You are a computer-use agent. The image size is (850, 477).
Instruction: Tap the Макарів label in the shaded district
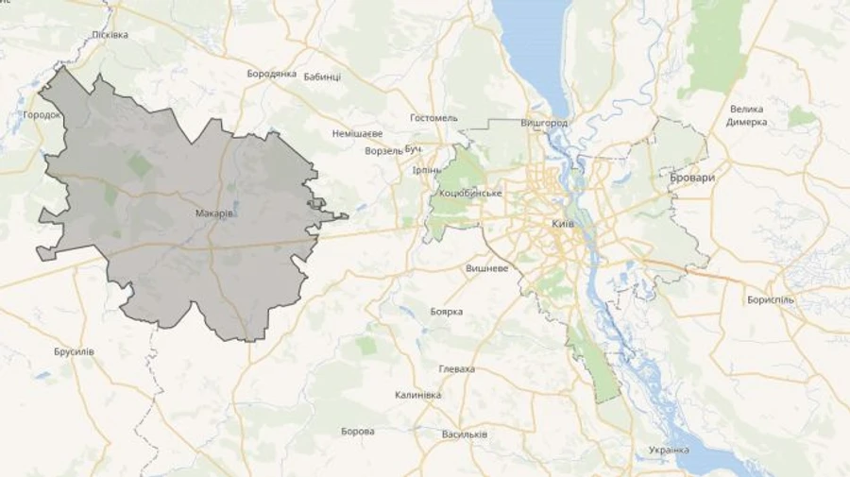(214, 213)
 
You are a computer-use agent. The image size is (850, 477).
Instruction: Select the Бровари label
(692, 178)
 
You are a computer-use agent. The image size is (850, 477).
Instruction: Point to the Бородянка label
(272, 74)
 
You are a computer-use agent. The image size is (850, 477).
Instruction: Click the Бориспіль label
(771, 300)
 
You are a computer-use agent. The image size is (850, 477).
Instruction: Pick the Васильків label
(465, 434)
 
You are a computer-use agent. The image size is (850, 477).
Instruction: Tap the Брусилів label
(74, 351)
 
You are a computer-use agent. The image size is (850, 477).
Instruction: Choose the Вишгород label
(544, 124)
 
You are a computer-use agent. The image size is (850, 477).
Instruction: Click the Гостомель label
(433, 118)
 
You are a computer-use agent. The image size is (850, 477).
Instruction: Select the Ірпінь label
(427, 170)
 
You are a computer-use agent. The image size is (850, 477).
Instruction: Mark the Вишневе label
(487, 268)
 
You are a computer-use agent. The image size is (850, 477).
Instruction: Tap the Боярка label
(446, 311)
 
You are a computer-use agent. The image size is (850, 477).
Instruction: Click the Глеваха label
(457, 369)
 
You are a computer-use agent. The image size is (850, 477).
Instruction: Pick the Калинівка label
(417, 395)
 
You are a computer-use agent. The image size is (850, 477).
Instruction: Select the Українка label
(669, 450)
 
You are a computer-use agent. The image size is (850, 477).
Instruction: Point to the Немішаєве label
(358, 133)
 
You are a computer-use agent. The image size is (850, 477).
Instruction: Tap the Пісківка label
(110, 35)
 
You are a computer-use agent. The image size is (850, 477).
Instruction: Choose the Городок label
(42, 114)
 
